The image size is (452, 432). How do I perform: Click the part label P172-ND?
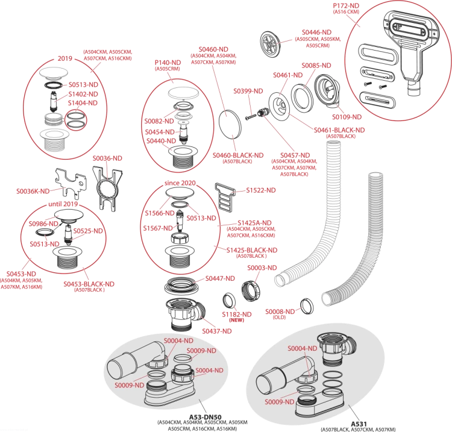(x=346, y=5)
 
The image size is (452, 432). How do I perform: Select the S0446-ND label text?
(x=316, y=33)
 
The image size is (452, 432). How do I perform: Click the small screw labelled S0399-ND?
(x=251, y=117)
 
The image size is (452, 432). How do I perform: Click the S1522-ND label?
(x=260, y=190)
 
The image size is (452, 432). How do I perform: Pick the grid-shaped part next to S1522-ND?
(x=225, y=195)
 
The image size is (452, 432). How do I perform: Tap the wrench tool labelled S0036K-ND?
(x=71, y=184)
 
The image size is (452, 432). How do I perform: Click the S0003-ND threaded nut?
(x=250, y=292)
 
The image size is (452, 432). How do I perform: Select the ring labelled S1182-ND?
(x=229, y=301)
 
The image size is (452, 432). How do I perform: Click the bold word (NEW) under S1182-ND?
(x=236, y=320)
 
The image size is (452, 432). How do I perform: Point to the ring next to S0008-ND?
(x=307, y=306)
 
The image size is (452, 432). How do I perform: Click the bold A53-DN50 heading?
(x=205, y=417)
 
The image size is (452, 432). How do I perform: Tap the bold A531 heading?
(x=359, y=424)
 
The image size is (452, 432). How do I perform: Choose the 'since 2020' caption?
(x=180, y=183)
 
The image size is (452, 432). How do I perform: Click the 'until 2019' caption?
(x=63, y=204)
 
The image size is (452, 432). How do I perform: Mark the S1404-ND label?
(x=83, y=103)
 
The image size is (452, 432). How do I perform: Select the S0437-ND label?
(x=217, y=331)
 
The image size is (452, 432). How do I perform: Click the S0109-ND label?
(x=347, y=117)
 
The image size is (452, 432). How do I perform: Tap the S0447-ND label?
(x=220, y=278)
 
